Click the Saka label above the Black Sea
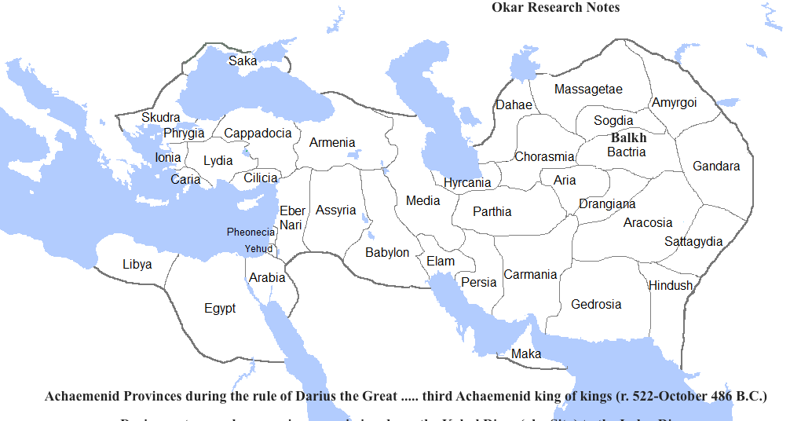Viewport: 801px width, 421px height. click(243, 60)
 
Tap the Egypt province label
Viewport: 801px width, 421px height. click(220, 309)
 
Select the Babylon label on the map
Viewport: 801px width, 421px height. click(387, 252)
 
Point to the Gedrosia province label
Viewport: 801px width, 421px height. click(596, 304)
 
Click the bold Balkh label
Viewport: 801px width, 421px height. click(628, 137)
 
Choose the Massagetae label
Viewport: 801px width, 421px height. click(588, 90)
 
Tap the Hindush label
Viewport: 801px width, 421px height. click(671, 285)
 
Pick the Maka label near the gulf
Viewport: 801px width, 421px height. click(526, 353)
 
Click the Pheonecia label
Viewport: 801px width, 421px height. click(251, 232)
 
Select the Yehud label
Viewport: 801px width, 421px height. click(258, 248)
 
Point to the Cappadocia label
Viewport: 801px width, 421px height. click(258, 133)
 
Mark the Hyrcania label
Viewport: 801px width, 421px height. click(467, 183)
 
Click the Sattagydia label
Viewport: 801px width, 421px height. click(693, 241)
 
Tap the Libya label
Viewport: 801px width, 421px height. click(137, 264)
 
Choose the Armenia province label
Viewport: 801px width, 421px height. click(332, 142)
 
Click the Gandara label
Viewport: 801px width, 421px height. click(716, 166)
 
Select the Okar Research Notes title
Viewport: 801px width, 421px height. click(555, 8)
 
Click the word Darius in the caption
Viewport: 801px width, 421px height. click(313, 396)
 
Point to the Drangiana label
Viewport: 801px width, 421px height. click(607, 204)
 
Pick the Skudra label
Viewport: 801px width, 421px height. click(160, 118)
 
